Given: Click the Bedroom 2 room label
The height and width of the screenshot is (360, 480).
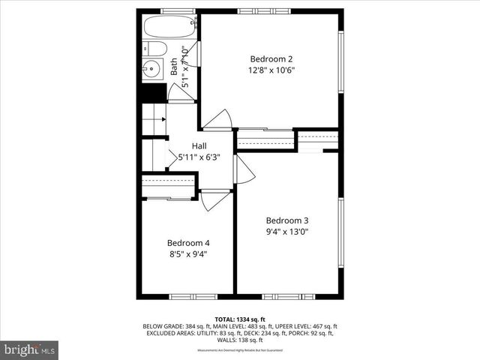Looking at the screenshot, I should click(271, 58).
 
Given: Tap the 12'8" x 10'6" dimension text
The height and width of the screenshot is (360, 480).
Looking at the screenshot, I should click(271, 70).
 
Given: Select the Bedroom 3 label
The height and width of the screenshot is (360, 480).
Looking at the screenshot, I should click(287, 220).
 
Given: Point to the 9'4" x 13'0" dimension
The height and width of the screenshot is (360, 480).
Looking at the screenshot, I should click(287, 232).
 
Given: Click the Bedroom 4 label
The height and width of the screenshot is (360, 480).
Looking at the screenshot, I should click(188, 243).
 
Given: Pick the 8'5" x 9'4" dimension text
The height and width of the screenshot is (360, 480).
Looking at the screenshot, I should click(188, 254).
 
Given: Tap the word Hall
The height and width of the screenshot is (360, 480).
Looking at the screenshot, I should click(199, 145).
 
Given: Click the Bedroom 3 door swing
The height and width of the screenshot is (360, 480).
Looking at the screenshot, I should click(244, 170).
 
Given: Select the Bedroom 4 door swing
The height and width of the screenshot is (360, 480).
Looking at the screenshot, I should click(214, 200).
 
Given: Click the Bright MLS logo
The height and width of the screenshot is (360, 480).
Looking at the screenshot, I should click(29, 349).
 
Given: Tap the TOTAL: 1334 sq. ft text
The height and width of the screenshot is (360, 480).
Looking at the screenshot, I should click(239, 319).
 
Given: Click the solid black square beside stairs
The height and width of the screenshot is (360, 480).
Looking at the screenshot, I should click(154, 93).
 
